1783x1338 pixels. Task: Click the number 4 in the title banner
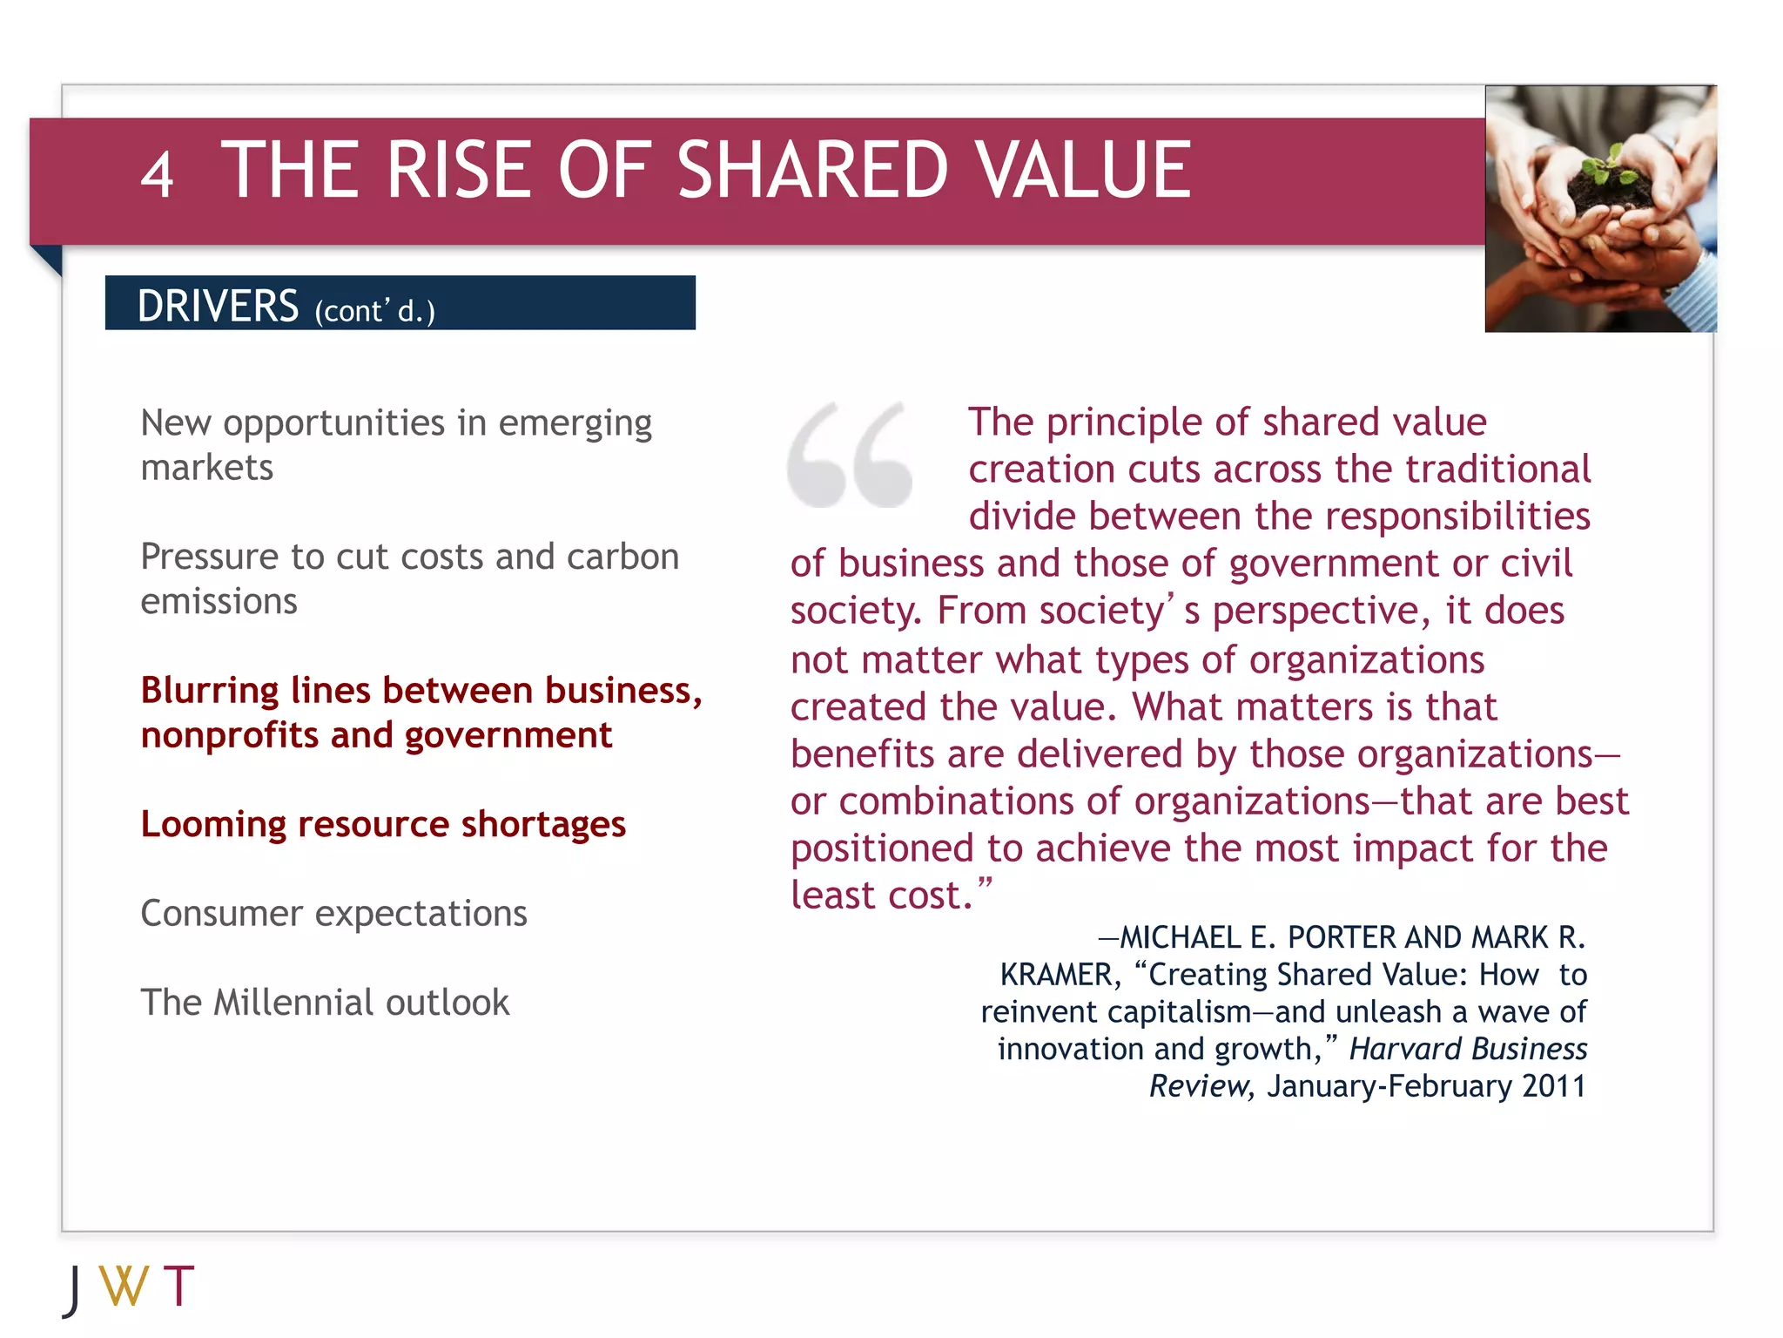point(158,174)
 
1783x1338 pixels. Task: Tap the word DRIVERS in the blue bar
point(218,306)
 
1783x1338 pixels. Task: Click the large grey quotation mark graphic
point(850,454)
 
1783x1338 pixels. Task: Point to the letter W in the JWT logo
point(124,1286)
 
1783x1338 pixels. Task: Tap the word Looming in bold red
point(212,825)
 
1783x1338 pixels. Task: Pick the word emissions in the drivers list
point(219,602)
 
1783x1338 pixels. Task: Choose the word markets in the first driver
point(207,469)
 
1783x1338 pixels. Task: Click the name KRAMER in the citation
point(1055,975)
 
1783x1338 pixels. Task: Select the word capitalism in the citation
point(1179,1012)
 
